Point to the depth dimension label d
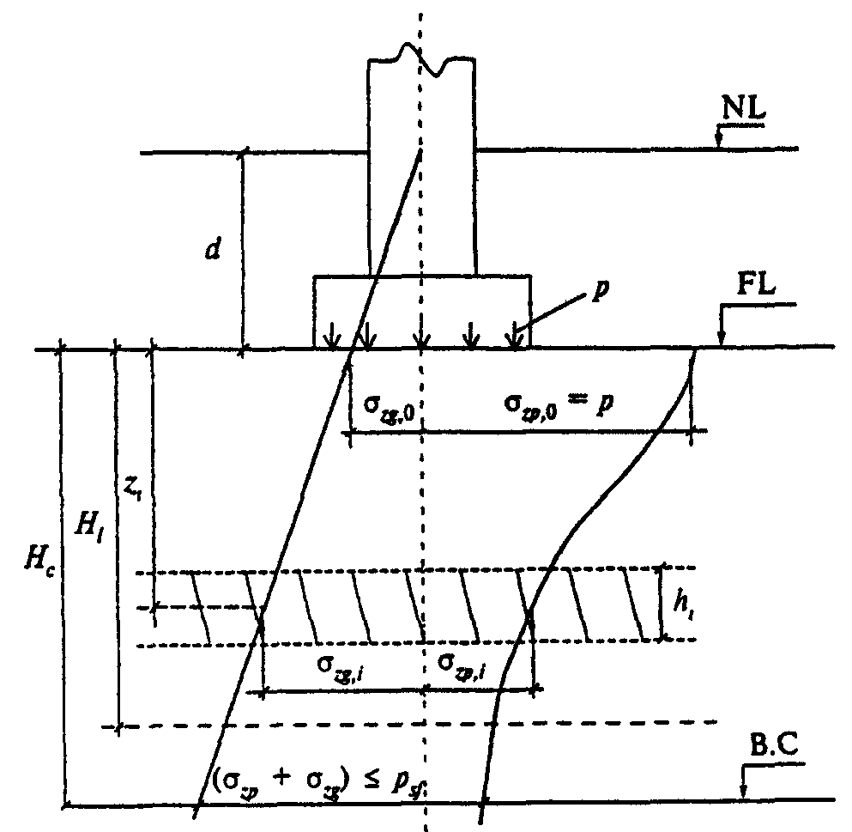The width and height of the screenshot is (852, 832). coord(211,250)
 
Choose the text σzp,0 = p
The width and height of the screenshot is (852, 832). coord(558,404)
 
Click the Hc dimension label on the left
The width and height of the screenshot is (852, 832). coord(35,562)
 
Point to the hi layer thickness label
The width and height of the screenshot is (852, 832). coord(683,604)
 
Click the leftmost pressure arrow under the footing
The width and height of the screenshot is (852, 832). coord(327,338)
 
